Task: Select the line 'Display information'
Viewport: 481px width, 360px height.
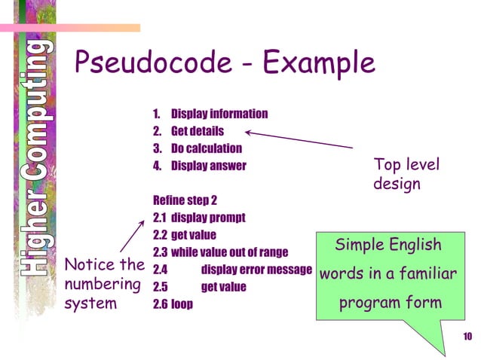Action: point(219,114)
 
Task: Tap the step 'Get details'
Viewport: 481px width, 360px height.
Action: point(197,132)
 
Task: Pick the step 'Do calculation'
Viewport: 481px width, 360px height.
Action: point(206,148)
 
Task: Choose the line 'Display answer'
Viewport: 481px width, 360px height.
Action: point(208,166)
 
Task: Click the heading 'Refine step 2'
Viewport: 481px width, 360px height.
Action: point(185,200)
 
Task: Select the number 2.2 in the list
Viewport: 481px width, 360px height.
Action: point(160,235)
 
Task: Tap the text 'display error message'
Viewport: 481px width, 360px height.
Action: point(256,270)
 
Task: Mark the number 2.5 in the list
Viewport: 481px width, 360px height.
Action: point(160,287)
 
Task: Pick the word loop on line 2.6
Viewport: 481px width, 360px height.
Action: point(182,304)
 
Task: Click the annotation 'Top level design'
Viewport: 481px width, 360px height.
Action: point(406,174)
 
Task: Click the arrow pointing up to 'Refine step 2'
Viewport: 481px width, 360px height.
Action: point(133,235)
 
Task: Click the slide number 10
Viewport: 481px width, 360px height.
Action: point(467,335)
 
